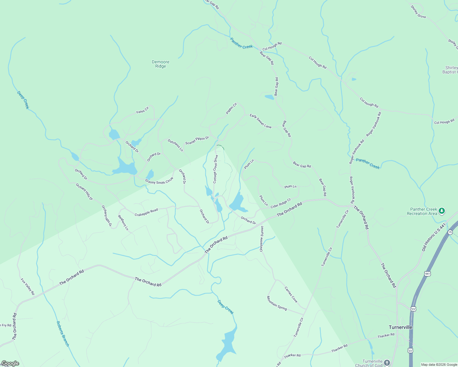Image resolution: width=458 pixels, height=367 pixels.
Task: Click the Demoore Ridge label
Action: pos(160,64)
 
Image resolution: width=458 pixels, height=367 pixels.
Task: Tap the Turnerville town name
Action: pos(400,327)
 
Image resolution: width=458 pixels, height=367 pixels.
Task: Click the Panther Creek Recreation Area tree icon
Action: pos(441,211)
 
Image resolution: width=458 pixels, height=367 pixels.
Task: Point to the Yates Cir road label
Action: pos(142,110)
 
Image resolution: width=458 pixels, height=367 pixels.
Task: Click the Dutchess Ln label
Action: pos(175,145)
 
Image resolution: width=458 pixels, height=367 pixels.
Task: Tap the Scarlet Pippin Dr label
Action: pos(197,140)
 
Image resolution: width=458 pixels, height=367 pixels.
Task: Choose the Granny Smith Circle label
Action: pos(159,181)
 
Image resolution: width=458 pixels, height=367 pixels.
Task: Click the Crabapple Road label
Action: pos(146,212)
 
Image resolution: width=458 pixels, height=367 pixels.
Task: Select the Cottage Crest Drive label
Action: pos(216,169)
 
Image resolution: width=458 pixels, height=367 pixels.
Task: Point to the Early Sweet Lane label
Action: pos(261,121)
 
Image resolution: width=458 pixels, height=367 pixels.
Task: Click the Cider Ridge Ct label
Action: pos(281,204)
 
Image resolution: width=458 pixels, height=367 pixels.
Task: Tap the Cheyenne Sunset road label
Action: pos(262,239)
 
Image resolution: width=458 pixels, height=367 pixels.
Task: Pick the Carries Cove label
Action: pos(291,294)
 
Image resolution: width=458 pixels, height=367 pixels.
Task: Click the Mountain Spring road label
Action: pos(277,303)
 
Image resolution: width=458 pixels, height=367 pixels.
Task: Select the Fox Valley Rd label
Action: pos(28,287)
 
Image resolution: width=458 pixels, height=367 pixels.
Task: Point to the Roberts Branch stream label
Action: pos(63,334)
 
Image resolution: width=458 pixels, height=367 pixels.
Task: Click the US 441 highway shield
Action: pos(428,273)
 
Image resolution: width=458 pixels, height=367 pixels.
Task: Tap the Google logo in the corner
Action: pos(10,363)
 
